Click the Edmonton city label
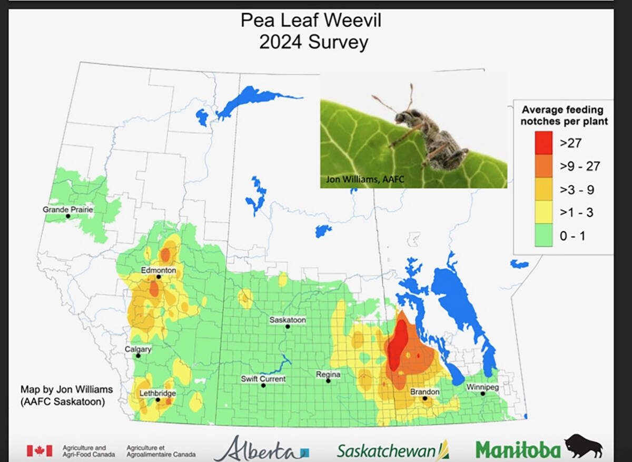pos(158,270)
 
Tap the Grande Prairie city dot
pos(68,216)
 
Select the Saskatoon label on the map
pos(288,320)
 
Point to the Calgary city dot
pos(138,356)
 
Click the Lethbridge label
pos(157,393)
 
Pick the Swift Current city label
pos(263,379)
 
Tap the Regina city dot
pos(328,381)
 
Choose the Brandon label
pos(424,392)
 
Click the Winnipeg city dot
pos(482,394)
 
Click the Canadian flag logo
pos(39,450)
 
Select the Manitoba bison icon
pos(583,446)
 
